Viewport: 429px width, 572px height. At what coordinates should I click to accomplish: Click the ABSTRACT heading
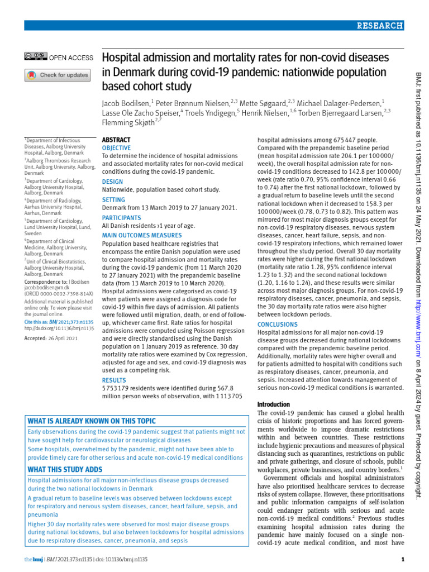(x=116, y=140)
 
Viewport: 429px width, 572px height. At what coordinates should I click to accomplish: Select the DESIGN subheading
(x=113, y=182)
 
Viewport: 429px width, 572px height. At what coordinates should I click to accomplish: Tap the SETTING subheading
(x=115, y=200)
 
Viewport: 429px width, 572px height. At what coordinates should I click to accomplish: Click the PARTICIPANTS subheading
(x=122, y=217)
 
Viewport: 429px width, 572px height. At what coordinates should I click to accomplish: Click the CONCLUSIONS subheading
(x=277, y=324)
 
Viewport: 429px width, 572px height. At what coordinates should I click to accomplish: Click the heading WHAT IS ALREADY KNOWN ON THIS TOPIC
(x=92, y=421)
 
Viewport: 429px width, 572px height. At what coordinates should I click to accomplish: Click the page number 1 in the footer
(x=403, y=560)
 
